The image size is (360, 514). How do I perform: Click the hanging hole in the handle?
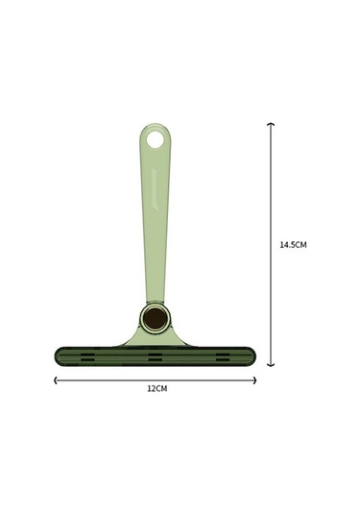pos(155,140)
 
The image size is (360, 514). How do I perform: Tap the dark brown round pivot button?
pos(155,318)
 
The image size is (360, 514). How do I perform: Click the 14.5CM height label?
pos(293,245)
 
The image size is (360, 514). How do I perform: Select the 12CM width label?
pos(157,388)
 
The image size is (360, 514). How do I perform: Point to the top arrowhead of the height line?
pos(271,124)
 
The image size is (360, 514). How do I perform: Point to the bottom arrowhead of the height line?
pos(271,365)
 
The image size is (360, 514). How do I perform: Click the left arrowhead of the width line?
pos(56,380)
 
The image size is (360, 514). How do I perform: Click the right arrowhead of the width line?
pos(254,380)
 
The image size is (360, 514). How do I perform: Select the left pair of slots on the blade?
pos(87,357)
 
